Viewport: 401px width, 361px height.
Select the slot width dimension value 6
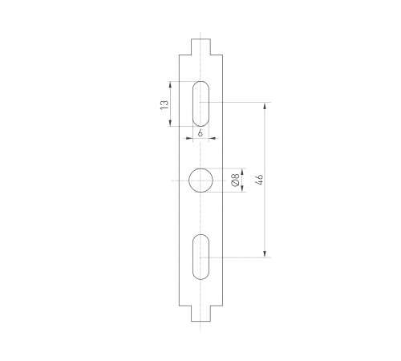(200, 132)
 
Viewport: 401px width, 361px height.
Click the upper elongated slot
(201, 103)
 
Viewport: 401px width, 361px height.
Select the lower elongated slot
(201, 257)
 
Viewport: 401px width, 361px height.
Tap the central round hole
(200, 181)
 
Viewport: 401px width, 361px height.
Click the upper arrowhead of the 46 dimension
(265, 105)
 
